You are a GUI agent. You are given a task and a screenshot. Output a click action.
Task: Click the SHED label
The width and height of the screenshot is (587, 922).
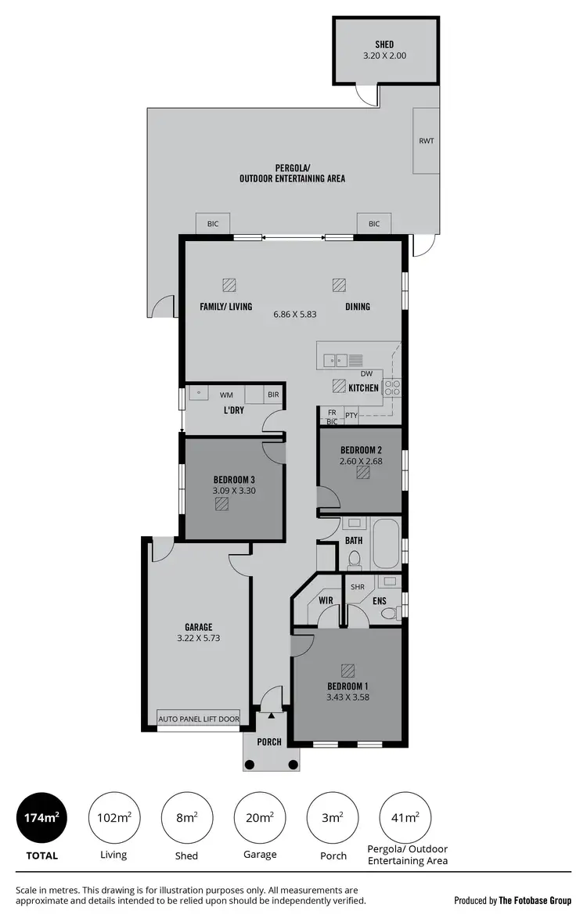point(384,45)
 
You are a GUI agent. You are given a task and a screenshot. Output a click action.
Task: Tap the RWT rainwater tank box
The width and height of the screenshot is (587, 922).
point(427,142)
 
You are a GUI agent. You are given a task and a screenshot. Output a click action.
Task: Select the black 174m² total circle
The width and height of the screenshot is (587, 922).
point(41,818)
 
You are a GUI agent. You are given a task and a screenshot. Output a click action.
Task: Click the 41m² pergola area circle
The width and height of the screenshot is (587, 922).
point(407,818)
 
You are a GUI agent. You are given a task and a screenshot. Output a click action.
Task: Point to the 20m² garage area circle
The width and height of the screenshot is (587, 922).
point(260,818)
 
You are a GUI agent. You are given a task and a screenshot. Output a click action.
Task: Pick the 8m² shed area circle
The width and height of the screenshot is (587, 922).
point(186,818)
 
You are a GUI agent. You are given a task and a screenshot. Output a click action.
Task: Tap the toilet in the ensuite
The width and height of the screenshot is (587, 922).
point(387,614)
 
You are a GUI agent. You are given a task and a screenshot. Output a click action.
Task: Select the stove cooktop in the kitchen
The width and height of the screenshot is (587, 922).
point(391,384)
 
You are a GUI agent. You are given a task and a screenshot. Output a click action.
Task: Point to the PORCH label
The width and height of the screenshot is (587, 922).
point(270,742)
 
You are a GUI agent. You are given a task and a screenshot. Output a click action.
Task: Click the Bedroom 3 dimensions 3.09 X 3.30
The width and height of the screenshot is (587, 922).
point(234,491)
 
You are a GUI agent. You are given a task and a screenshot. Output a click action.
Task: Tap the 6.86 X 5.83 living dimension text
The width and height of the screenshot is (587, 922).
point(295,314)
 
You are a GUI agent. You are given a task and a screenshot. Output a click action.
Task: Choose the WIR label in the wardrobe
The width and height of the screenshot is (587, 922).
point(326,600)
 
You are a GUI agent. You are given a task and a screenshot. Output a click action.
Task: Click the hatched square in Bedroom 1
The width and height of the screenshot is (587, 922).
point(347,671)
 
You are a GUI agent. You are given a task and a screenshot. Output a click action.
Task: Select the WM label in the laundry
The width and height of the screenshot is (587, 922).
point(226,394)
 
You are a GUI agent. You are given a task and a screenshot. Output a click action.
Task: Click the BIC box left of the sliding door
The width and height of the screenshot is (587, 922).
point(213,224)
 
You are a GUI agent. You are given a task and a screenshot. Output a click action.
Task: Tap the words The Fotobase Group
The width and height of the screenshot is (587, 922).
point(535,901)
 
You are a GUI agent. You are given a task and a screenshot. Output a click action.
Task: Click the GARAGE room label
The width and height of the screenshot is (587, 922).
point(199,626)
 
